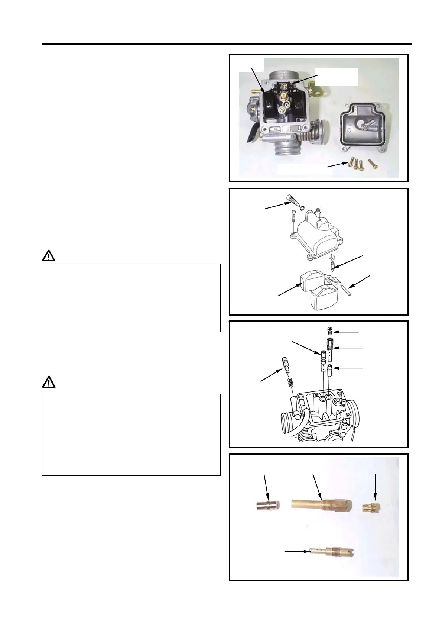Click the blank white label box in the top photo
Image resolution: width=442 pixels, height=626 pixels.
(x=336, y=77)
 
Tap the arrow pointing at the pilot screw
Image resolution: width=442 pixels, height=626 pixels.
(x=270, y=375)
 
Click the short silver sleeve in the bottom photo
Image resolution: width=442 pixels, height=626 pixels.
(x=268, y=506)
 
